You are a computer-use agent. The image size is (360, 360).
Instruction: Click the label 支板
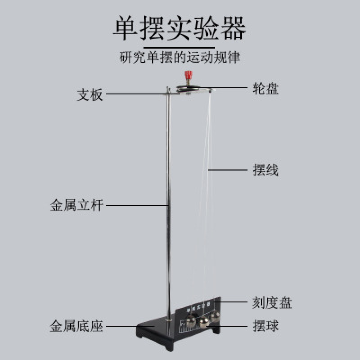click(x=90, y=95)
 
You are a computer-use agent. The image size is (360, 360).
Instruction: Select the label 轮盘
click(x=265, y=89)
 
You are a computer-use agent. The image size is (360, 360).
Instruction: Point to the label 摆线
click(x=265, y=170)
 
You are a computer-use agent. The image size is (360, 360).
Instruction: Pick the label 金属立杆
click(x=77, y=206)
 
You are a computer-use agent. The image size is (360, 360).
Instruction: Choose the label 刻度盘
click(x=271, y=302)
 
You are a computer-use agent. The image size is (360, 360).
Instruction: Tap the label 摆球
click(x=265, y=325)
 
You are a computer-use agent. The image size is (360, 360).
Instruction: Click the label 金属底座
click(x=77, y=326)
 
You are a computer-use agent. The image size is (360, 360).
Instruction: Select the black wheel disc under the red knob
click(x=189, y=89)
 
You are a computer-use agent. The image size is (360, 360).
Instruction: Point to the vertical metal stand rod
click(x=169, y=202)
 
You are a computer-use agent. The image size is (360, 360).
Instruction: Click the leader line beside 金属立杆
click(x=137, y=206)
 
